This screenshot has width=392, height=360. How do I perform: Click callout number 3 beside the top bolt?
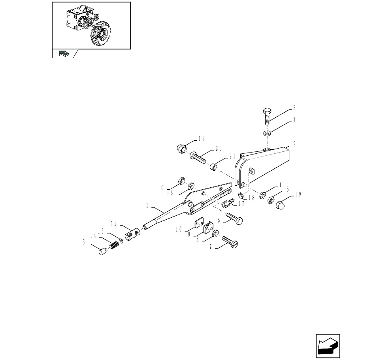click(294, 108)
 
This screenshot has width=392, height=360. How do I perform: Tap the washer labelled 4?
click(267, 133)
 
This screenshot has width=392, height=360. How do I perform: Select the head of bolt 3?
click(267, 111)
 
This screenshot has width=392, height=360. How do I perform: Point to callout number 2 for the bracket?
click(294, 144)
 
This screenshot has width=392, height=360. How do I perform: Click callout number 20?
click(218, 149)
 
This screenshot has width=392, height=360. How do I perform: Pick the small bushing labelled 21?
click(213, 166)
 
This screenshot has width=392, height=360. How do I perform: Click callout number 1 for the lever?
click(147, 206)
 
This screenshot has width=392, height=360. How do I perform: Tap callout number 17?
click(241, 204)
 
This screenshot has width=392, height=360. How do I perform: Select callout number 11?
click(282, 185)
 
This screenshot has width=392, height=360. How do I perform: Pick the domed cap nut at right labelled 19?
click(281, 204)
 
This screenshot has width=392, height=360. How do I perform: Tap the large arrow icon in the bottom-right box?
click(328, 346)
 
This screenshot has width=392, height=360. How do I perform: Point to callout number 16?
click(170, 193)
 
